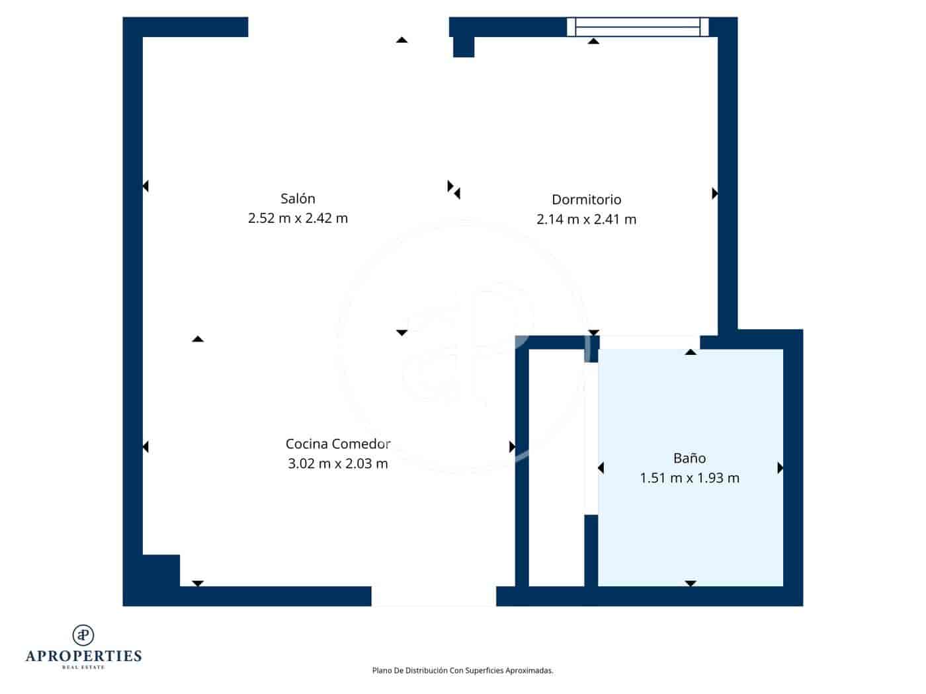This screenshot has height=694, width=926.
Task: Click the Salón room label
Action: pos(298,198)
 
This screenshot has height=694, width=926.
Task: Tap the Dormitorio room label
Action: pos(586,199)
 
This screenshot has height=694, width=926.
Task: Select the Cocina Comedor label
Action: pos(338,443)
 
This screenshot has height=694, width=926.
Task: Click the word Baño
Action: pos(689,458)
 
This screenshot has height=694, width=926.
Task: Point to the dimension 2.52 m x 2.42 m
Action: pos(298,218)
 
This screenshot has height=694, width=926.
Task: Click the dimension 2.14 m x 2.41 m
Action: pos(586,219)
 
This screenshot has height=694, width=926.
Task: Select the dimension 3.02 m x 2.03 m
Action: pos(338,463)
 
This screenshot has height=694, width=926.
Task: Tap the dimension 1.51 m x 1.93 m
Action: pos(689,478)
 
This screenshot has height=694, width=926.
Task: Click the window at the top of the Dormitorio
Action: pos(638,26)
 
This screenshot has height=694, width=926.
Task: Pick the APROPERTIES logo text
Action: pos(83,656)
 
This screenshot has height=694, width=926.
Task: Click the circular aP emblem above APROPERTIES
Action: pos(83,635)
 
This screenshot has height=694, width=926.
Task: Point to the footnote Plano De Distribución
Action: pos(462,670)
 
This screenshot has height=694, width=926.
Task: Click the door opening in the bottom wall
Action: pos(433,596)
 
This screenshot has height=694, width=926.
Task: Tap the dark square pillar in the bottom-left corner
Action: pos(161,570)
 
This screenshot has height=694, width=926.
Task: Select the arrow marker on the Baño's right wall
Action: pos(780,468)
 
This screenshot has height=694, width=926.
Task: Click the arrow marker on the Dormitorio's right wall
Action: pos(714,194)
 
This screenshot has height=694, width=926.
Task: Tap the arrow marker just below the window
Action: pos(594,41)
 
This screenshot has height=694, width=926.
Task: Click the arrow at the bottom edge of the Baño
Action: pos(691,583)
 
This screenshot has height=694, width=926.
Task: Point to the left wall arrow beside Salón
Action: pos(146,186)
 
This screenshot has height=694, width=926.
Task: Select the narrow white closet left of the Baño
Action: pos(556,467)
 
